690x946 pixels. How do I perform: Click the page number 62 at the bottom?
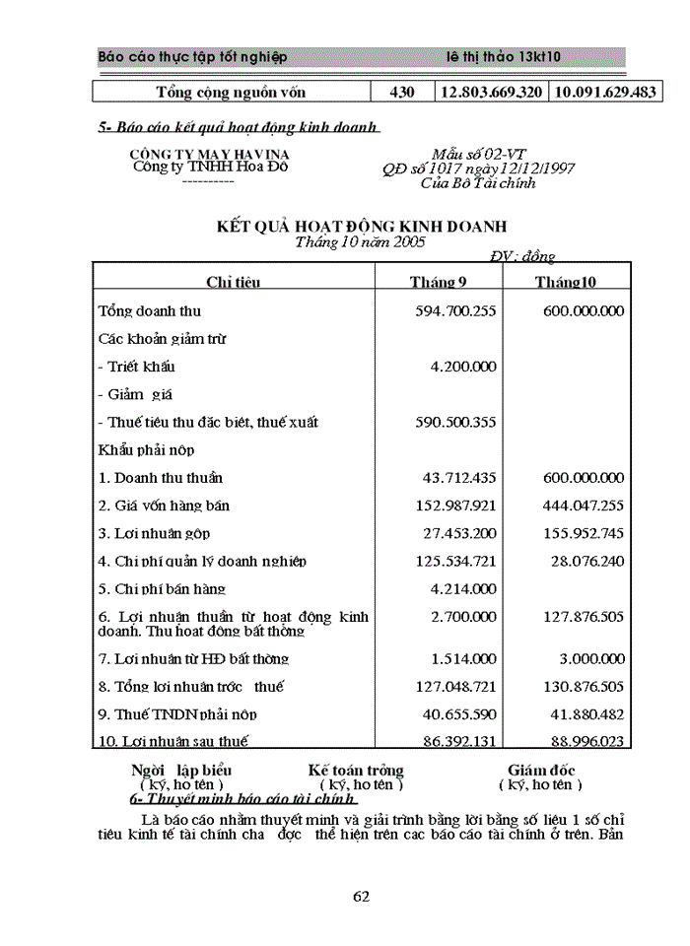click(x=361, y=896)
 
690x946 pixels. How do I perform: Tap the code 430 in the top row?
click(x=402, y=93)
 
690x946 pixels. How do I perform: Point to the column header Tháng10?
click(x=565, y=282)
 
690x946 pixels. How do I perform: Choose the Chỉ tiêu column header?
click(x=233, y=282)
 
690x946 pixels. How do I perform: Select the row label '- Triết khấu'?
click(x=137, y=367)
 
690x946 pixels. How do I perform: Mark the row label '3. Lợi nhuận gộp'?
click(x=154, y=533)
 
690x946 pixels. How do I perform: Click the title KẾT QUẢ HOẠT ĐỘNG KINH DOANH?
click(x=361, y=228)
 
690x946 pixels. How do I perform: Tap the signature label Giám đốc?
click(x=541, y=771)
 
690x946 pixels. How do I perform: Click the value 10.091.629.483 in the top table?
click(x=605, y=93)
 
